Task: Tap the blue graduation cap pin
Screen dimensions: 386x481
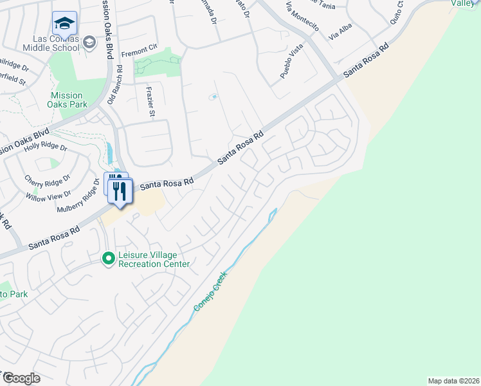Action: (x=64, y=24)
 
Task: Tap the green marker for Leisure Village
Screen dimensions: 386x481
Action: (x=108, y=259)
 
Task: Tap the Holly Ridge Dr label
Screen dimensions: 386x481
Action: (x=46, y=147)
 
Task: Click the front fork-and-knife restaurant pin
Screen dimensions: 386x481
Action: (x=120, y=192)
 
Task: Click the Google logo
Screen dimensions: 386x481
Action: (x=21, y=378)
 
